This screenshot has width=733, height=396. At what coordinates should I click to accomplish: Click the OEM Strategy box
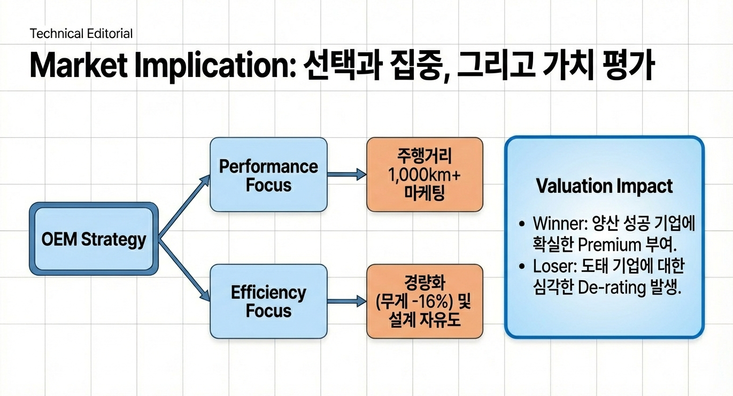coord(93,238)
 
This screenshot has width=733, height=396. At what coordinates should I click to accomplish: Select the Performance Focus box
coord(268,175)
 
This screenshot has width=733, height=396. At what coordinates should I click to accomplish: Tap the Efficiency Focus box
coord(268,301)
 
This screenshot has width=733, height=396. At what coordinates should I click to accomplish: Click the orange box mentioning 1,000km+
coord(425,175)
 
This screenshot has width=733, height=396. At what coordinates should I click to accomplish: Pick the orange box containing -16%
coord(425,301)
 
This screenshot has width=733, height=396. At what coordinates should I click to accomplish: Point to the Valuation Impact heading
coord(604,186)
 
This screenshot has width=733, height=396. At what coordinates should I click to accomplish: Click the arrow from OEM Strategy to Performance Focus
coord(183,206)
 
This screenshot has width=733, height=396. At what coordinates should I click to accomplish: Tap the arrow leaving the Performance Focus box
coord(346,175)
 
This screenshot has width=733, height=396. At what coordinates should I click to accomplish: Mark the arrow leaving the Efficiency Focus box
coord(346,302)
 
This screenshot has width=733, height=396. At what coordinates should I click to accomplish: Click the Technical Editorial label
coord(81,34)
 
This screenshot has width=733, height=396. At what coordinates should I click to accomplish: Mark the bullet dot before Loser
coord(522,267)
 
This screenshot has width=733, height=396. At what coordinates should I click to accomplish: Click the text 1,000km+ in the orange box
coord(425,175)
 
